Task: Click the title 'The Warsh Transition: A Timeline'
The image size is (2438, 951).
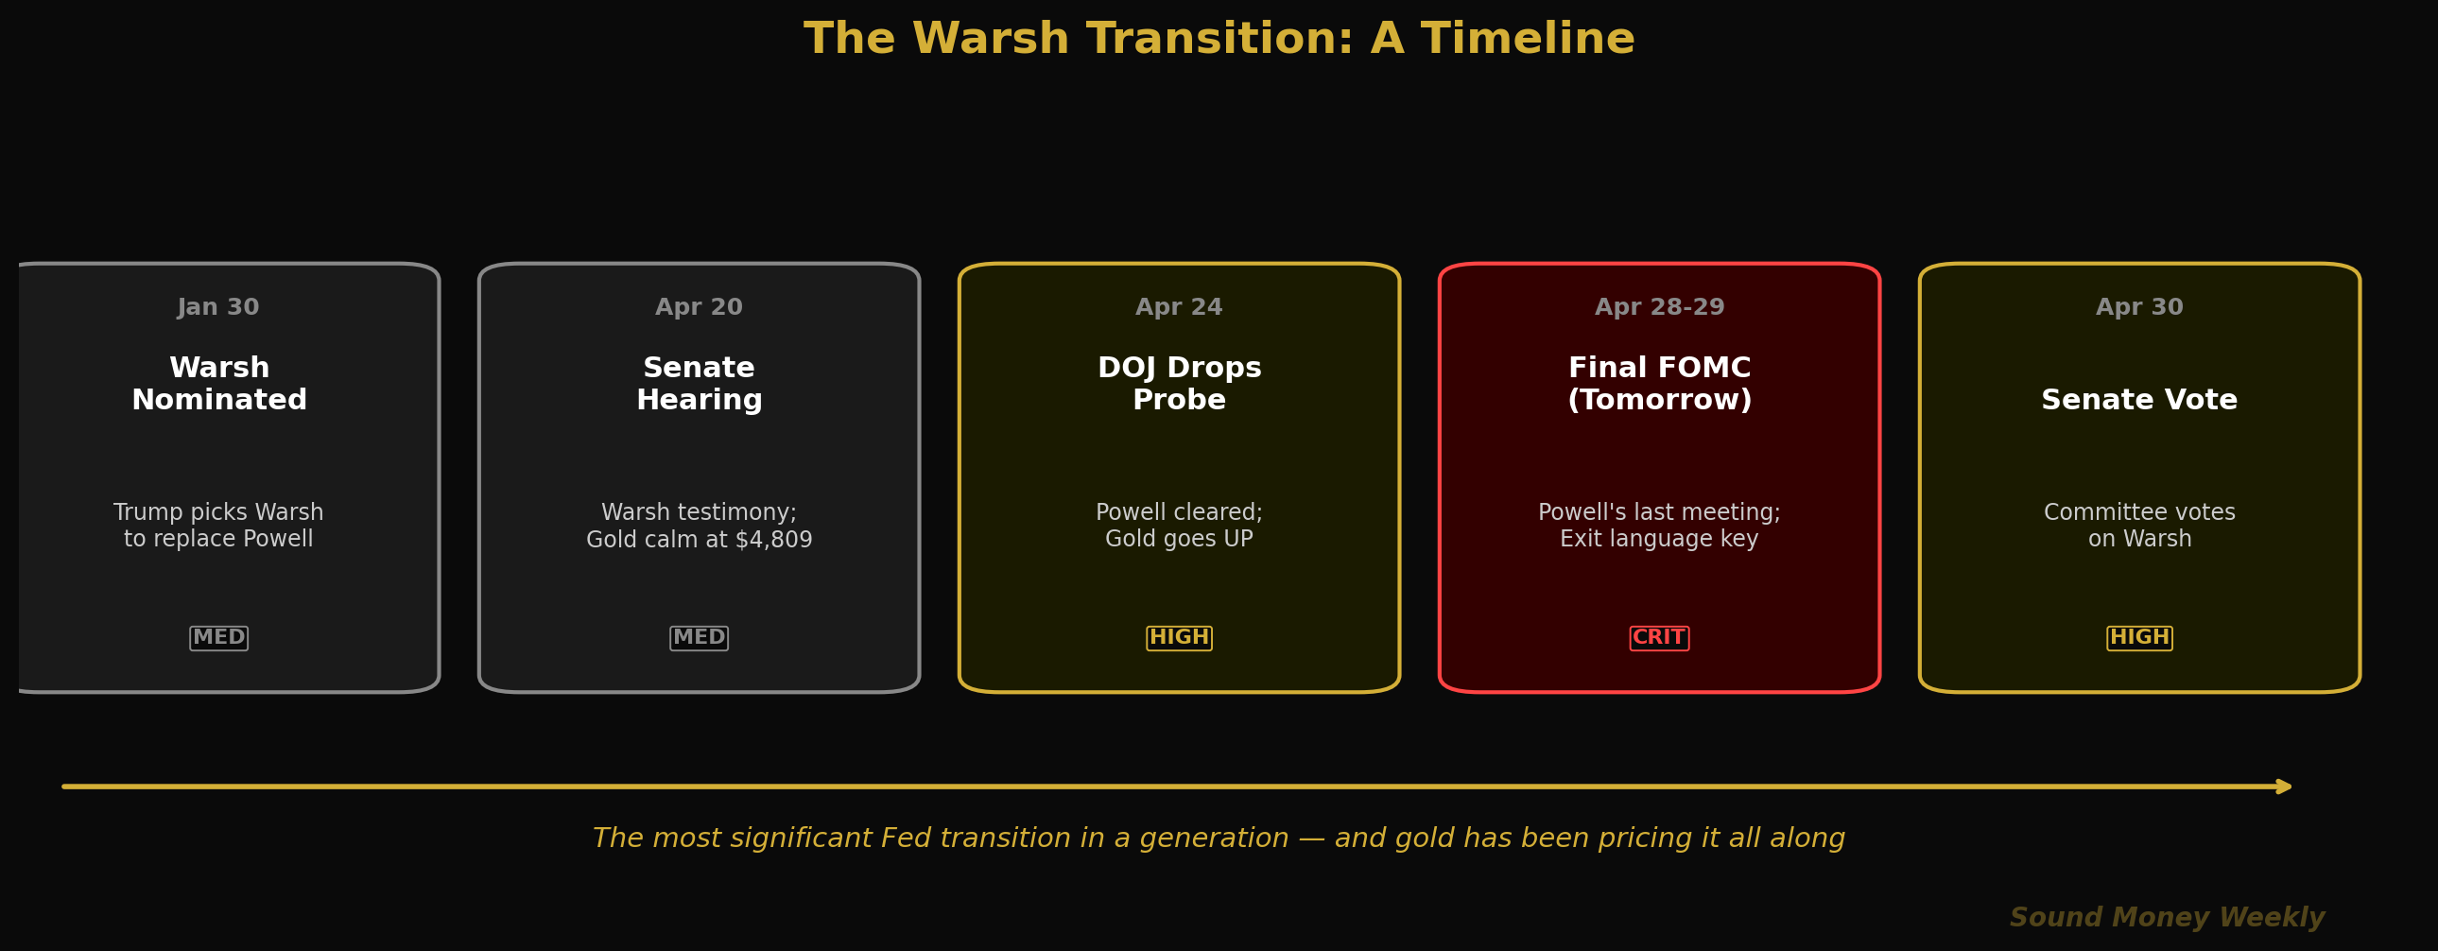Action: click(x=1219, y=40)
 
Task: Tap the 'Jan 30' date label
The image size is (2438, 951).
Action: click(x=218, y=307)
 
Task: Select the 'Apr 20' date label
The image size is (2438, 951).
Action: click(x=699, y=307)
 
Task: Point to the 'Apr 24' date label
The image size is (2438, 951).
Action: click(x=1178, y=307)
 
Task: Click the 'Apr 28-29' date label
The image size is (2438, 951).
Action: click(x=1659, y=307)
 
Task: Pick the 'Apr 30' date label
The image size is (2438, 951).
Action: click(x=2139, y=307)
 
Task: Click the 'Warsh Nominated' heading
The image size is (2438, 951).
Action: click(x=218, y=384)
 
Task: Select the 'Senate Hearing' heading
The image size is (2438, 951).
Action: click(x=699, y=384)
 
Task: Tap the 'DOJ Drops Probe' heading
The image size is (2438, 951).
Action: click(x=1178, y=384)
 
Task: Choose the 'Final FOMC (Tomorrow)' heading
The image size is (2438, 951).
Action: click(x=1659, y=384)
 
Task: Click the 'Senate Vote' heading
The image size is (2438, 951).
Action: click(x=2139, y=400)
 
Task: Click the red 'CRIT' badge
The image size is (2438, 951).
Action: click(x=1658, y=638)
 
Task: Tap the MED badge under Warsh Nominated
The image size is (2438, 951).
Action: click(x=218, y=638)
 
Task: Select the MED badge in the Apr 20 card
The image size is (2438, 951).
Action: click(x=699, y=638)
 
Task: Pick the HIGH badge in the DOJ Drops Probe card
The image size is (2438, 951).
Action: click(x=1178, y=638)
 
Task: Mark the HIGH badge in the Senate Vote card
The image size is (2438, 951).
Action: click(x=2139, y=638)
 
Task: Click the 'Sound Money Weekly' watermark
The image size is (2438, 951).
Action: click(x=2167, y=918)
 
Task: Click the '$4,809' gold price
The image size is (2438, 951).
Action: click(x=780, y=541)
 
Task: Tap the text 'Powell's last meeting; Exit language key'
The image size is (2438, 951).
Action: click(x=1659, y=527)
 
